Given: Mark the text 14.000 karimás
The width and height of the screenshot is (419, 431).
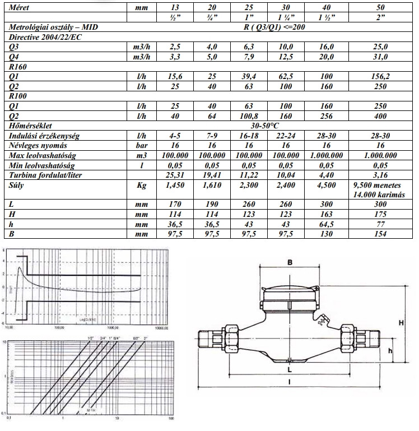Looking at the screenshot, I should tap(379, 194).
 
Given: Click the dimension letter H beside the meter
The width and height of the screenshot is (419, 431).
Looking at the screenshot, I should tap(401, 322).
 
